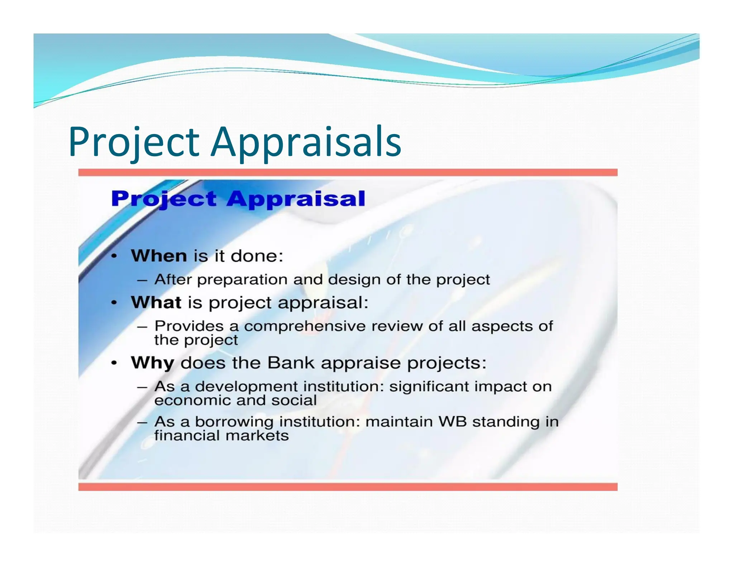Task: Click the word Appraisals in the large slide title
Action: (306, 142)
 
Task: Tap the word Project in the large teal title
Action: (134, 142)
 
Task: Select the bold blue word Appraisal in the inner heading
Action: (296, 199)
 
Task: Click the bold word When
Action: (159, 256)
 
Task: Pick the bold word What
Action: (156, 302)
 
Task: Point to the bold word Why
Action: (152, 363)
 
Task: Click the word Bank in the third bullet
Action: (291, 363)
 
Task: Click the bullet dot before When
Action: (114, 256)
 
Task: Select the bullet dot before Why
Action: (114, 363)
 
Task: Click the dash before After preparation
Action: (142, 280)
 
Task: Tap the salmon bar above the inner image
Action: (348, 172)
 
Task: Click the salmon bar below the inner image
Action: (348, 487)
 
